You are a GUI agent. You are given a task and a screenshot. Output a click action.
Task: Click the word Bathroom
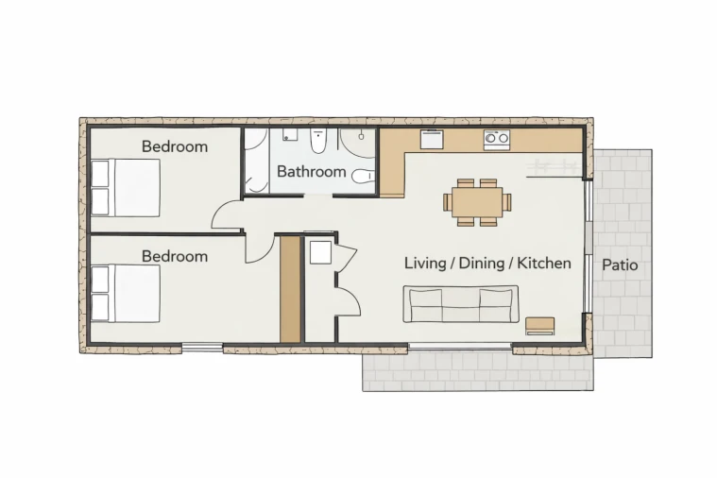coord(312,172)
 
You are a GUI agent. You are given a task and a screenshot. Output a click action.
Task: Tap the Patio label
coord(620,265)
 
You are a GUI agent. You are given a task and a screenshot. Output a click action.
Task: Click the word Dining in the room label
coord(482,263)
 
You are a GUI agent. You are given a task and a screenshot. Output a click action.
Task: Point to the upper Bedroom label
coord(175,146)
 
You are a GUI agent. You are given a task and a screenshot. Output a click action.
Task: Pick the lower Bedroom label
coord(175,256)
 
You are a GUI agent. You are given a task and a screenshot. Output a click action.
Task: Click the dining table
coord(477,202)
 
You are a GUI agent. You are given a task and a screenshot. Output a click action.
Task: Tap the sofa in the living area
coord(460,304)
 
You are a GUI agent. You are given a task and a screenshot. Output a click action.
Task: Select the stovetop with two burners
coord(497,139)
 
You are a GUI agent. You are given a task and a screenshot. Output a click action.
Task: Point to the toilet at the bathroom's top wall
coord(317,142)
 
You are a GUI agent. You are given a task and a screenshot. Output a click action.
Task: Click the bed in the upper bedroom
coord(126,188)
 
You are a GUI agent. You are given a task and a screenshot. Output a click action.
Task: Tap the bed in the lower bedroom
coord(126,293)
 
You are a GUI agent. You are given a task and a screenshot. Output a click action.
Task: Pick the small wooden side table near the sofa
coord(540,326)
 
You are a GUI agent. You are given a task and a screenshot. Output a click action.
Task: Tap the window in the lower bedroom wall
coord(202,348)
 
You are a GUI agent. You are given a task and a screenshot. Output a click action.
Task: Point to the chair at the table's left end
coord(447,202)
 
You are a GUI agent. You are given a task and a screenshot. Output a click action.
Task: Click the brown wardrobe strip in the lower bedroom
coord(290,289)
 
